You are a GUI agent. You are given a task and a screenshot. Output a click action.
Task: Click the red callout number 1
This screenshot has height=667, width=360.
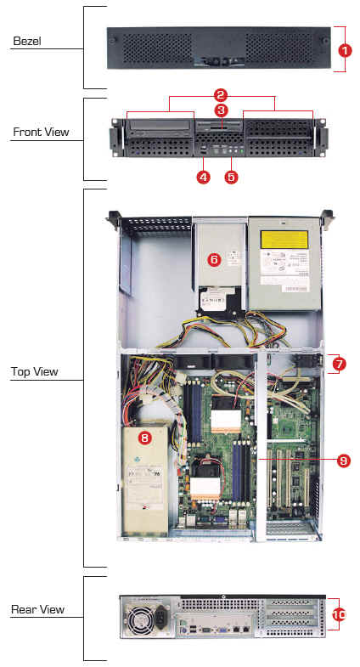point(345,50)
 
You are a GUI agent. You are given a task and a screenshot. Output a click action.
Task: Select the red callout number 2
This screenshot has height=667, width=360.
point(221,95)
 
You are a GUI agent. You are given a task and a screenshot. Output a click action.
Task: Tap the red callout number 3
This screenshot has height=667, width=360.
point(221,110)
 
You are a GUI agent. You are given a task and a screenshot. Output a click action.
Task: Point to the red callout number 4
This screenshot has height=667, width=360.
point(203,177)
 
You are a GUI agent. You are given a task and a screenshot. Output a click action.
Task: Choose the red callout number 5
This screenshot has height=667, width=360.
point(231,177)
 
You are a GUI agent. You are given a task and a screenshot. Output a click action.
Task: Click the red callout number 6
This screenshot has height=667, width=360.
point(215,260)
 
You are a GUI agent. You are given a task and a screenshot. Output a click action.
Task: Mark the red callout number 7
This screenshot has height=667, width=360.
point(339,364)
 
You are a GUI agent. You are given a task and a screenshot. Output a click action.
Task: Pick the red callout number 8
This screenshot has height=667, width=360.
point(145,438)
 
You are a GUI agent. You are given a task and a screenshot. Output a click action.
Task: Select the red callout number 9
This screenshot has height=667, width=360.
point(343,461)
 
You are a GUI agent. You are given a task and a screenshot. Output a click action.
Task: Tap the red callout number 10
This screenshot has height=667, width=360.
point(340,614)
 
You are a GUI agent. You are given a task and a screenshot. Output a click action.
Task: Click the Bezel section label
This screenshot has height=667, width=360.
point(27,42)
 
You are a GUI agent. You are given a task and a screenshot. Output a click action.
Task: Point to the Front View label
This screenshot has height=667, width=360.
point(41,132)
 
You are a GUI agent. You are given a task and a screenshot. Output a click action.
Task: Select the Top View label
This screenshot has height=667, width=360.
point(35,372)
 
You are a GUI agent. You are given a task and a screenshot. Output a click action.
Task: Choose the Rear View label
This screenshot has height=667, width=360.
point(38,609)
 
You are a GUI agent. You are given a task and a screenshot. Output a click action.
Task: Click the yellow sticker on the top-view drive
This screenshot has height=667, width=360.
point(284,240)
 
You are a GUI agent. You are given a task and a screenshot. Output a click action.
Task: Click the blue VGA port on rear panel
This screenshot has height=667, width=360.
point(222,629)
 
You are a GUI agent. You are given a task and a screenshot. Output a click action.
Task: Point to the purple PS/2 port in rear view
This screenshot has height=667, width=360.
point(183,629)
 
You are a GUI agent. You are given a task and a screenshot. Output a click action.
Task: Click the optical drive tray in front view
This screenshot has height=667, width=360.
point(160,125)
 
